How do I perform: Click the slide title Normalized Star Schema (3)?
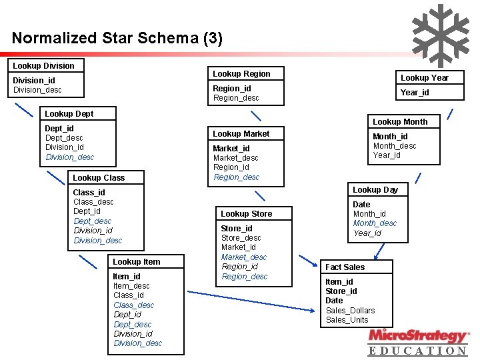[x=117, y=38]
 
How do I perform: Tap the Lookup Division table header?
[x=44, y=65]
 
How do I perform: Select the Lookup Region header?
[x=241, y=73]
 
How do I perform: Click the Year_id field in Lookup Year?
[x=415, y=93]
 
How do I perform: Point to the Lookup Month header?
[x=400, y=121]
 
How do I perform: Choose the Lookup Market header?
[x=241, y=133]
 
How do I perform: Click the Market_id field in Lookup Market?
[x=231, y=148]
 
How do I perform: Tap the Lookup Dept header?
[x=69, y=113]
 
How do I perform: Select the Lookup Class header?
[x=99, y=177]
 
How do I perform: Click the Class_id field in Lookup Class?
[x=89, y=192]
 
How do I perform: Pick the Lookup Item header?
[x=137, y=261]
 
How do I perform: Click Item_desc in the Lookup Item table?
[x=131, y=285]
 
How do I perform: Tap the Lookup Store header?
[x=247, y=213]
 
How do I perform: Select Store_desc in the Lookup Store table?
[x=241, y=237]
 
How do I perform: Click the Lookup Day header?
[x=375, y=189]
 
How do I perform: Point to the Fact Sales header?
[x=345, y=267]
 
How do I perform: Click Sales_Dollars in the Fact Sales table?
[x=350, y=310]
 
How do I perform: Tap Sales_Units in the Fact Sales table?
[x=347, y=319]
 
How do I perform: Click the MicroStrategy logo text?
[x=418, y=335]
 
